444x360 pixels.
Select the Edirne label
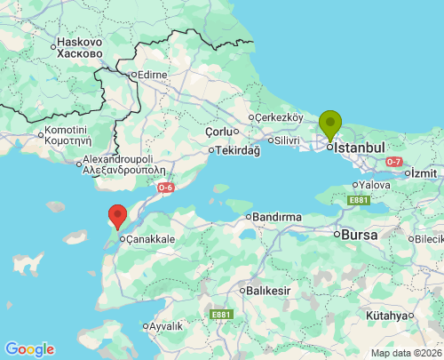pyautogui.click(x=151, y=75)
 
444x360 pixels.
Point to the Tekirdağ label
pyautogui.click(x=237, y=150)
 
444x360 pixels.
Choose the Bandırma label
pyautogui.click(x=279, y=216)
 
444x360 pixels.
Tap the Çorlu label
pyautogui.click(x=218, y=131)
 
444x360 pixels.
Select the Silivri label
pyautogui.click(x=286, y=140)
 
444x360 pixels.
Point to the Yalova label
pyautogui.click(x=374, y=185)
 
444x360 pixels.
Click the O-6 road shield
pyautogui.click(x=165, y=188)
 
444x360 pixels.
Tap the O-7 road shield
pyautogui.click(x=394, y=161)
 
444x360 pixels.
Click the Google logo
pyautogui.click(x=29, y=348)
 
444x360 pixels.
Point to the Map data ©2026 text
pyautogui.click(x=406, y=353)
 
